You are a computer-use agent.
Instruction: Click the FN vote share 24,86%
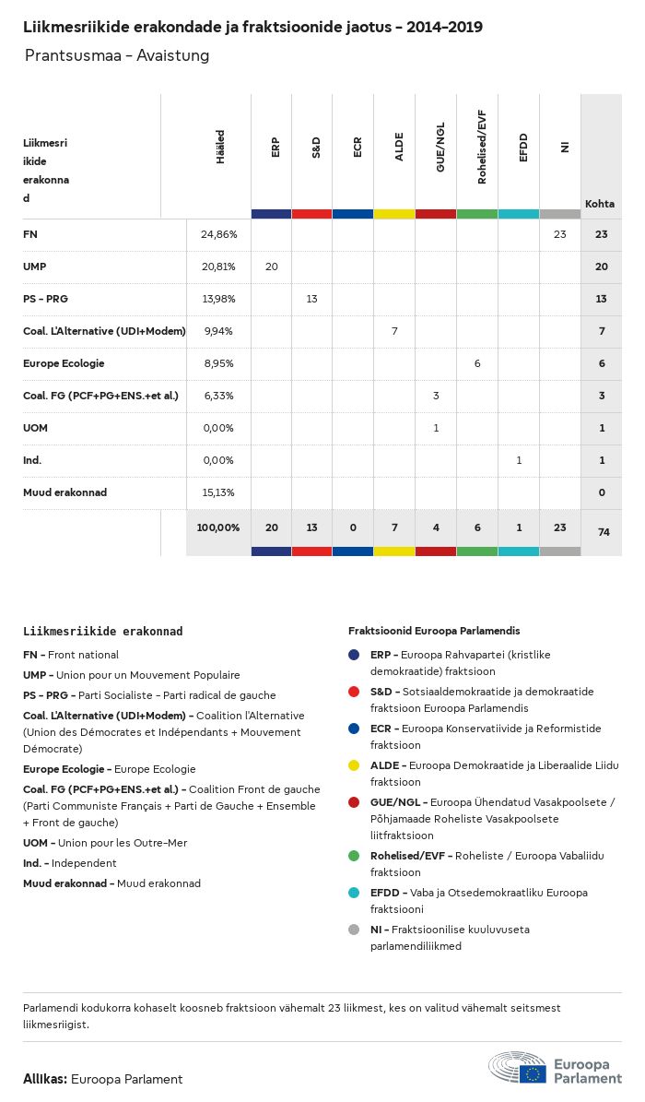[x=218, y=235]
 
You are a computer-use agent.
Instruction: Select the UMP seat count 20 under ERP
[x=272, y=267]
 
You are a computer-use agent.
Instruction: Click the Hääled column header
[x=220, y=148]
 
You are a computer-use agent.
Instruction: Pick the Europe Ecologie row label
[x=64, y=363]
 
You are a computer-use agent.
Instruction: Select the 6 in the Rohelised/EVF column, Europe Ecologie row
[x=477, y=363]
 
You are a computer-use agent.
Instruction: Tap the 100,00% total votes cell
[x=218, y=527]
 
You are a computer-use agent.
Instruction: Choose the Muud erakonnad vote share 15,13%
[x=218, y=492]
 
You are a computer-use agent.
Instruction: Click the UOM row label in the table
[x=35, y=428]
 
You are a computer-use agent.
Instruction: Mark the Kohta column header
[x=600, y=204]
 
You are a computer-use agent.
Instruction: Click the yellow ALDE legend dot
[x=354, y=765]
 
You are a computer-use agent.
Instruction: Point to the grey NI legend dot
[x=354, y=930]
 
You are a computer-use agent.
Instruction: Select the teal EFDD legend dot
[x=354, y=893]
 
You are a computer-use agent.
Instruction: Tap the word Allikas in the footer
[x=43, y=1079]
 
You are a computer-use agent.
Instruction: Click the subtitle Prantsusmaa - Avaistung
[x=117, y=56]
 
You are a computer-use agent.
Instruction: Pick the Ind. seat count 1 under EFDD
[x=519, y=460]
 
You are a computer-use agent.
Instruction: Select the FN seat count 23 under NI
[x=560, y=235]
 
